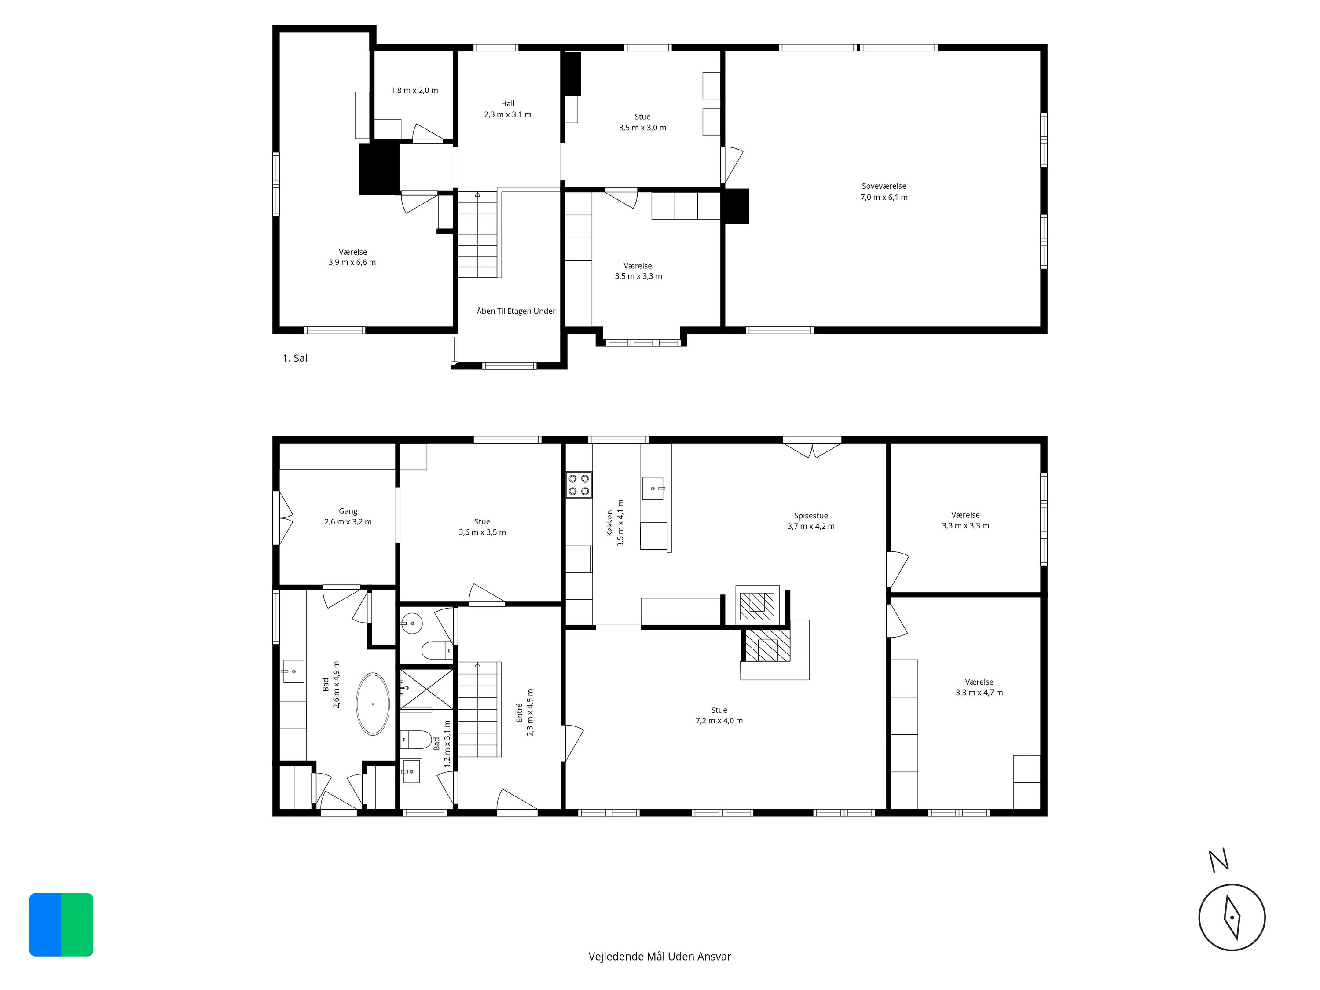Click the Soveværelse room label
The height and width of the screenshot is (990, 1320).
tap(884, 186)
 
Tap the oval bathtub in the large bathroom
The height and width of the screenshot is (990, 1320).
tap(373, 704)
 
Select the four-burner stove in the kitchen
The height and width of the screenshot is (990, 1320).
tap(579, 484)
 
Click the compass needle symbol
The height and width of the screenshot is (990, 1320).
tap(1232, 918)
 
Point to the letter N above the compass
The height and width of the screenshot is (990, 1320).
tap(1218, 861)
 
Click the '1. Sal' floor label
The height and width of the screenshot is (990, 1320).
tap(295, 358)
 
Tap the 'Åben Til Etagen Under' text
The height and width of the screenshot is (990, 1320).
tap(516, 311)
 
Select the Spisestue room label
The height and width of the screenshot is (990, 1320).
tap(810, 516)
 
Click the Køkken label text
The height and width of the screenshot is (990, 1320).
tap(610, 523)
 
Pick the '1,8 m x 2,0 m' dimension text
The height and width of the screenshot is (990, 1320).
tap(414, 91)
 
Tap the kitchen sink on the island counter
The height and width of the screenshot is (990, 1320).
tap(653, 488)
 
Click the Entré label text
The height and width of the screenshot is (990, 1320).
tap(519, 712)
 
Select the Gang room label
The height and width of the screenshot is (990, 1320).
tap(348, 511)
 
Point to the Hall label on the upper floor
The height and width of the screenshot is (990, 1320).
tap(508, 103)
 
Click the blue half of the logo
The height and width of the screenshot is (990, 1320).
tap(45, 924)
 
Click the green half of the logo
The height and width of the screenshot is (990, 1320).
tap(77, 924)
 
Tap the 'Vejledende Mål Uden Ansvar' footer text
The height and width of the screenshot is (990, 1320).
tap(660, 957)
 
